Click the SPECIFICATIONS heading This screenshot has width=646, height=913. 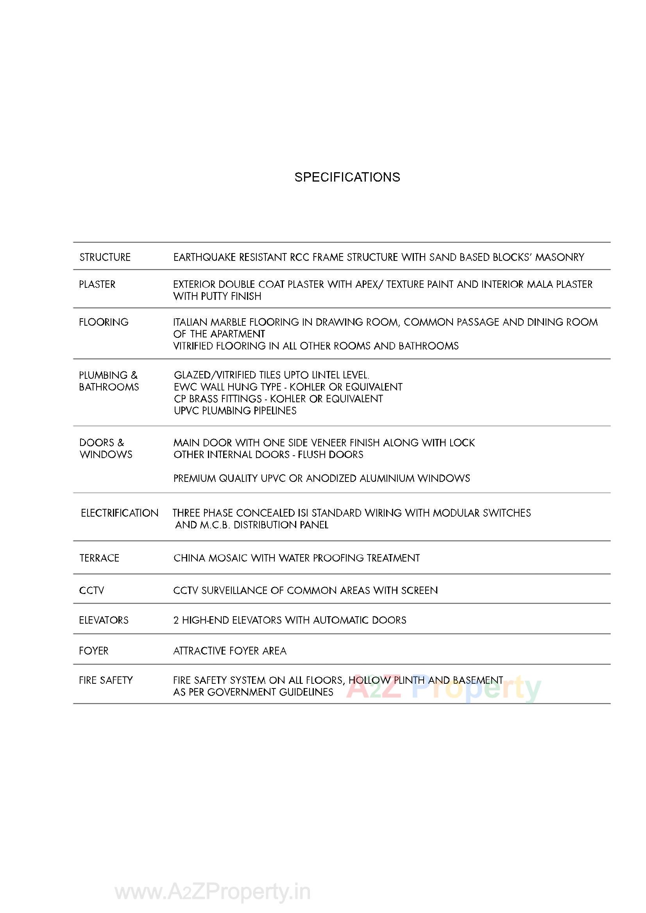coord(347,177)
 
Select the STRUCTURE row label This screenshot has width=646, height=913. coord(105,257)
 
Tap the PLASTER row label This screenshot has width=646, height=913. coord(97,284)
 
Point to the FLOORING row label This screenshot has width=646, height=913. coord(104,322)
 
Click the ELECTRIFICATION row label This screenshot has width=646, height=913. coord(120,513)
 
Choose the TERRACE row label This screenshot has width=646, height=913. coord(99,558)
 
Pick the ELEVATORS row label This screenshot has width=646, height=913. coord(104,620)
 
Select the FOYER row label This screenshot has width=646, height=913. coord(93,651)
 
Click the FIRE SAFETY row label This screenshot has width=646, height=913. coord(106,680)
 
